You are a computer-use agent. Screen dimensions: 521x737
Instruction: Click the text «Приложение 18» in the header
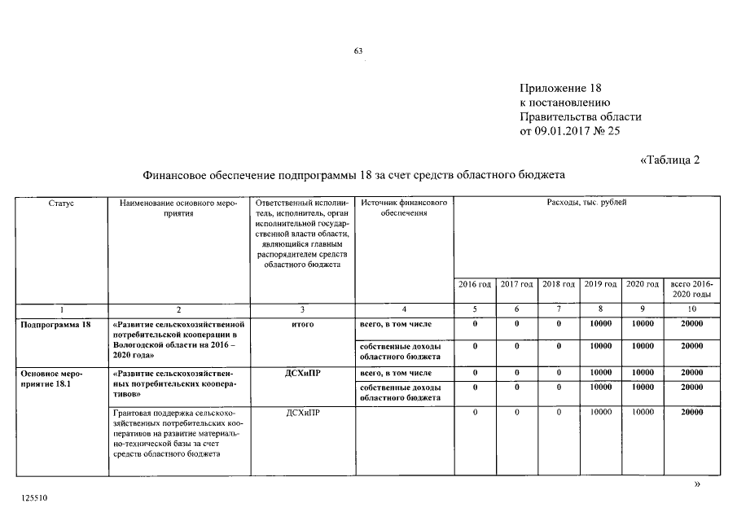561,88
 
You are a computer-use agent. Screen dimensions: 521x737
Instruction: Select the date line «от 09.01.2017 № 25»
575,131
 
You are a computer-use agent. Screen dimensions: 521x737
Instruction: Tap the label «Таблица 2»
669,159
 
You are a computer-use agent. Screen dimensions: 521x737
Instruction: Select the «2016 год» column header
475,284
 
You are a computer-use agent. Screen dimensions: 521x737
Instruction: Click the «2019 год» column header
600,284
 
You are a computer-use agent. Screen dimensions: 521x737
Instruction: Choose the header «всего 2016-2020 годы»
691,289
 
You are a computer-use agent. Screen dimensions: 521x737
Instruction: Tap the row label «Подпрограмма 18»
56,324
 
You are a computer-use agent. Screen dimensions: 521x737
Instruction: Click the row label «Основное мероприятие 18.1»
51,379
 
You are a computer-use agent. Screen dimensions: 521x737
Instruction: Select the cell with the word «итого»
302,324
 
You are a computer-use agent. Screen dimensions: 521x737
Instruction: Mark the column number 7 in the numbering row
559,309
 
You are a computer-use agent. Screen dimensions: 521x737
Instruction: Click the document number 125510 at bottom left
35,495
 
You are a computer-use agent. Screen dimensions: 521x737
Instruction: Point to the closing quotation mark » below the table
695,484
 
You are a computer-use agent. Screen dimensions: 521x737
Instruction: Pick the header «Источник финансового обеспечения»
405,208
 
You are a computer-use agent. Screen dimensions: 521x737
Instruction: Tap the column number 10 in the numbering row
691,309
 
